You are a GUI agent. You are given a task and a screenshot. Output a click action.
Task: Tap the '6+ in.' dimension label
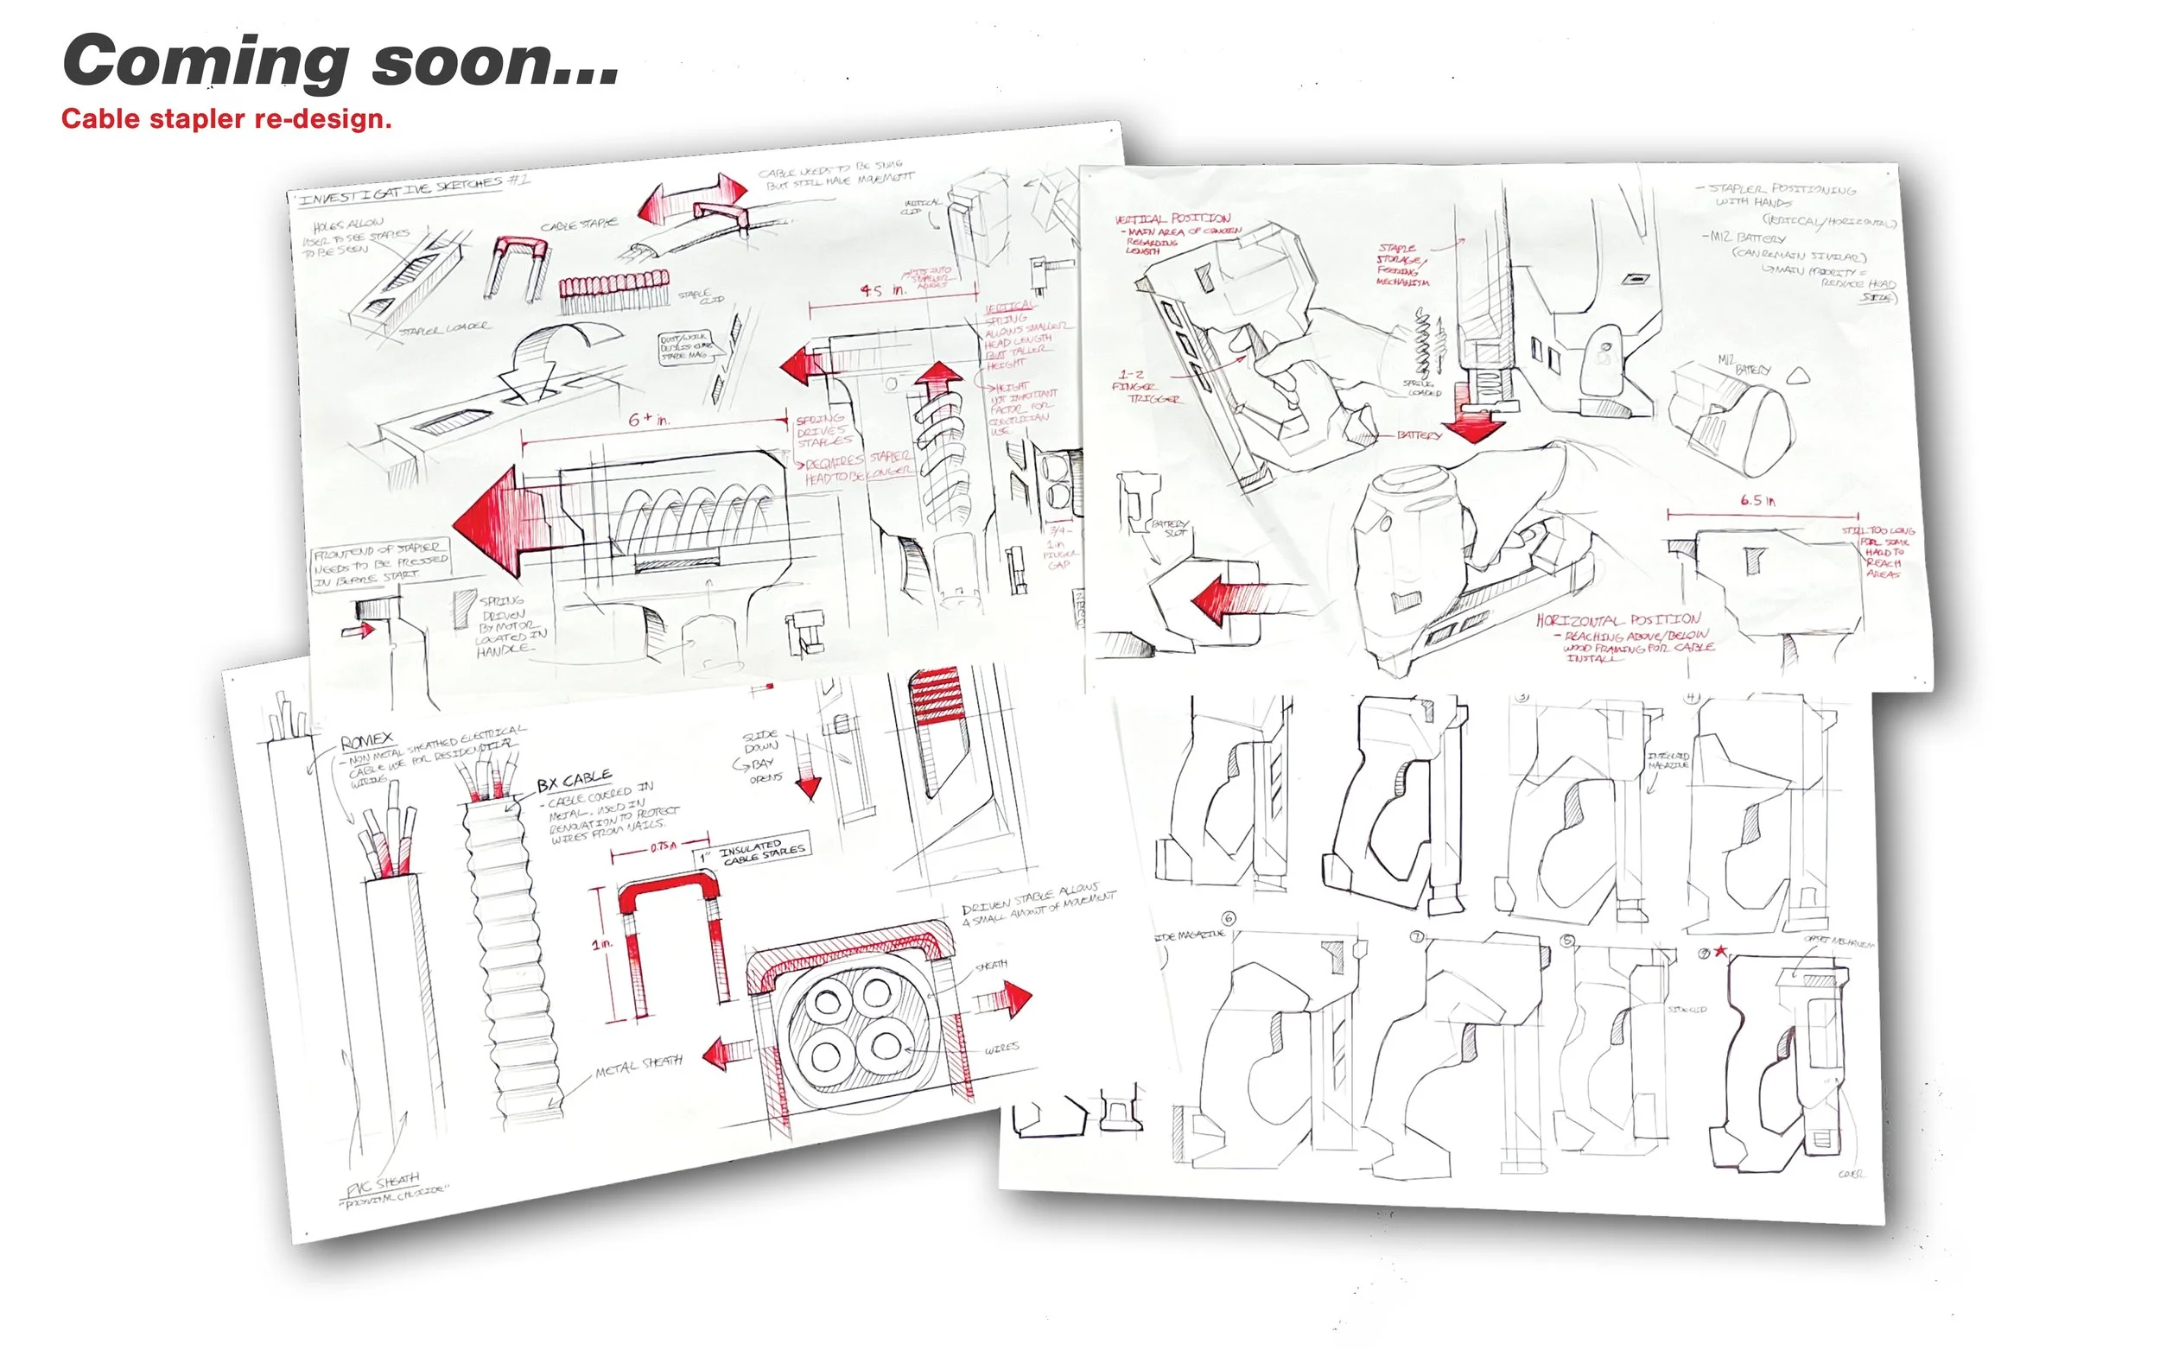(649, 419)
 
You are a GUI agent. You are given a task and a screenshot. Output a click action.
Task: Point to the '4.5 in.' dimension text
(882, 290)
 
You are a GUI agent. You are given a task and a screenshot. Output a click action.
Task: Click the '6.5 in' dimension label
(1757, 500)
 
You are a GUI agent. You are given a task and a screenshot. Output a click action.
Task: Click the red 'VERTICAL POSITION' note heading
(1172, 219)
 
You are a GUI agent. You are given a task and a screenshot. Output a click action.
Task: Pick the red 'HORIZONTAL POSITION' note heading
(1618, 619)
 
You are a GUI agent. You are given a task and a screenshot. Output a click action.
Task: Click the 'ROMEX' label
(366, 741)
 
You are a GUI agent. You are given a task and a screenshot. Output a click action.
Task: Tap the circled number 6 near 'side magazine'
(1229, 918)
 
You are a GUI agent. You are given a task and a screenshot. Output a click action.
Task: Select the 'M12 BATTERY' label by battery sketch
(1744, 364)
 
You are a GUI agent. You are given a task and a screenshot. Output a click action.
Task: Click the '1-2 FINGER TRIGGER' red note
(1147, 387)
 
